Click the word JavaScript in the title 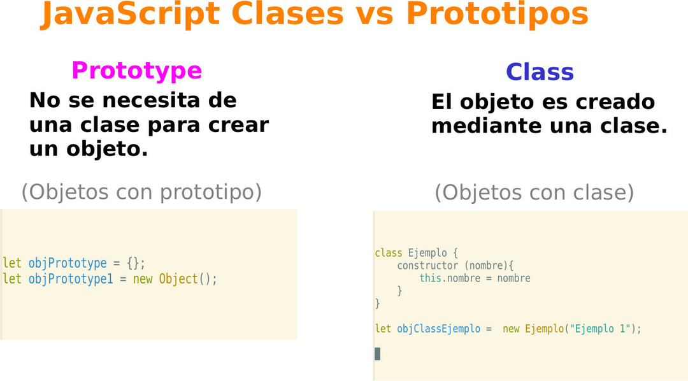click(131, 15)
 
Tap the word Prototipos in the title click(497, 15)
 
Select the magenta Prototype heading click(136, 71)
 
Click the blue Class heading click(540, 72)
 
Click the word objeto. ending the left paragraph click(107, 149)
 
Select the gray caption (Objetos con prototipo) click(141, 192)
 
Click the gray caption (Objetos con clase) click(534, 192)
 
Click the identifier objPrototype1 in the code click(71, 279)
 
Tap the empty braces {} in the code click(133, 263)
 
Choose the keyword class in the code click(389, 253)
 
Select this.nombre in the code click(450, 278)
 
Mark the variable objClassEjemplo click(438, 329)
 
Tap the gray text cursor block click(377, 354)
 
